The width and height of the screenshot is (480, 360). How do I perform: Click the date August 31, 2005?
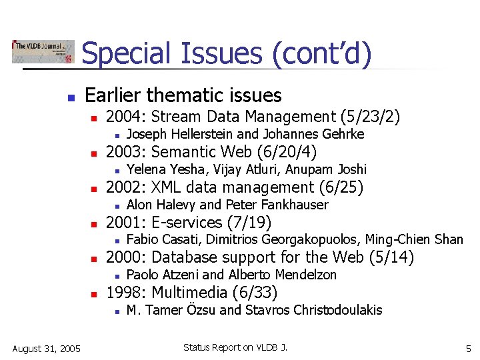(x=46, y=349)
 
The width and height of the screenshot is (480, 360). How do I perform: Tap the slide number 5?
(x=468, y=349)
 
